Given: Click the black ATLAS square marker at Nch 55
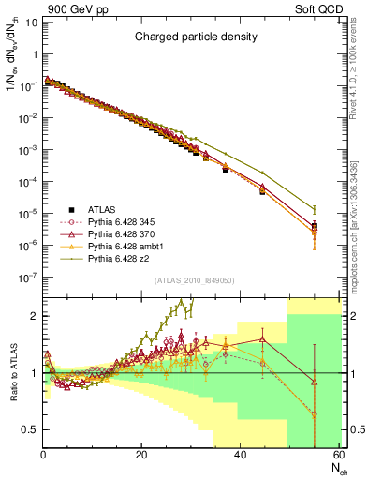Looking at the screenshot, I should tap(314, 226).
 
